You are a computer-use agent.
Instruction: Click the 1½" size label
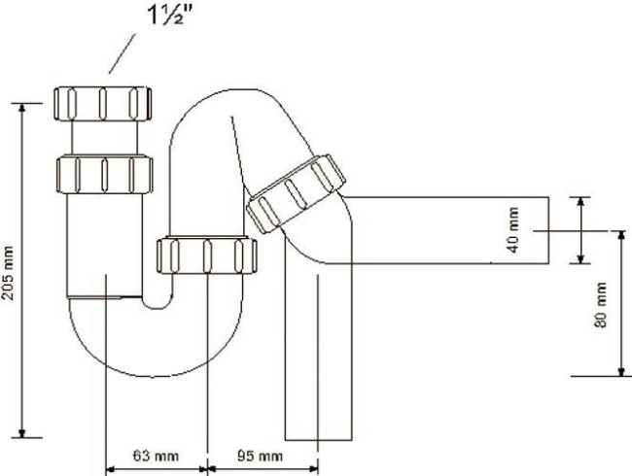(171, 15)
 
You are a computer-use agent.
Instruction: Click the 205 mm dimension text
(8, 273)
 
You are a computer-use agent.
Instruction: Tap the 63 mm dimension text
(156, 456)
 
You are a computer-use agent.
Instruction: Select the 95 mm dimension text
(260, 457)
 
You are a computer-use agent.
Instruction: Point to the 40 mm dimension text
(513, 230)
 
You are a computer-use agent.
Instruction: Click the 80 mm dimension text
(601, 304)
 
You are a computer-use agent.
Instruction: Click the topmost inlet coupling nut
(103, 104)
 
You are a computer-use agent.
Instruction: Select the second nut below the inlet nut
(104, 174)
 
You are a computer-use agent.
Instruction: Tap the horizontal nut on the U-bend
(206, 255)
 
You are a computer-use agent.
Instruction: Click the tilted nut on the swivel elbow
(296, 193)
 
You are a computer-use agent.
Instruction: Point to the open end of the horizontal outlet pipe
(548, 230)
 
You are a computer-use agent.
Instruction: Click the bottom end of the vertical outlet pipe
(318, 440)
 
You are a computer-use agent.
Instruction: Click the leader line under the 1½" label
(123, 53)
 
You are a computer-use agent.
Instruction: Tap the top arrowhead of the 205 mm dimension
(22, 108)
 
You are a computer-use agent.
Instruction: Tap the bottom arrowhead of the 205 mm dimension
(22, 433)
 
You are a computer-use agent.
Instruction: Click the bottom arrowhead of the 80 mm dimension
(622, 371)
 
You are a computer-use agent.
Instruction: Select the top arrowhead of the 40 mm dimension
(580, 201)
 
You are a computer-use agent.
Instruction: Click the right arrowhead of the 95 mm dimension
(314, 468)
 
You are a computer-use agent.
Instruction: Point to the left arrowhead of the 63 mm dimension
(111, 469)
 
